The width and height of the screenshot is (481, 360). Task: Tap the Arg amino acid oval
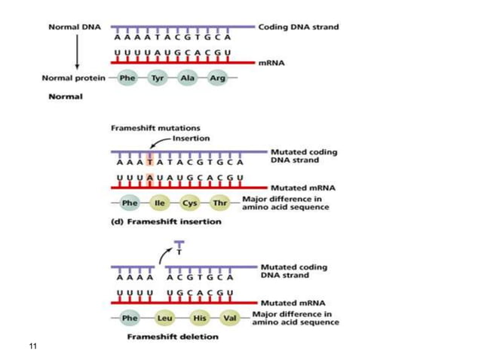(x=217, y=78)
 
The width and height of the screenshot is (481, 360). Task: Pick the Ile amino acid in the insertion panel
(x=159, y=203)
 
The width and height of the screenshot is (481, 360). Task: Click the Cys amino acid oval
(x=190, y=203)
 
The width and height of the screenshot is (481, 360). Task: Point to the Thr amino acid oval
(x=220, y=203)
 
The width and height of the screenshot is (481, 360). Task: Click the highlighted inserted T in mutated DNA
(x=151, y=161)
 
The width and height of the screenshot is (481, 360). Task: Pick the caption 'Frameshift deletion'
(x=167, y=337)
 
